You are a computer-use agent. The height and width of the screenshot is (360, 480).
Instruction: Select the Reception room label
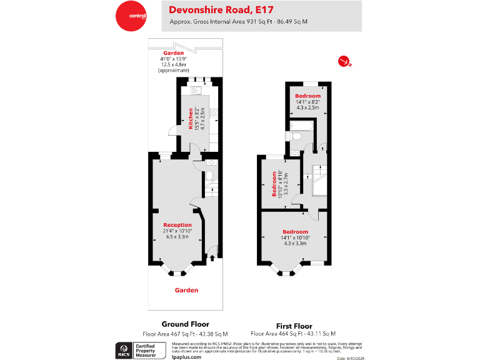(177, 225)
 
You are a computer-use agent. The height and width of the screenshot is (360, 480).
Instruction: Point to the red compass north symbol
(343, 61)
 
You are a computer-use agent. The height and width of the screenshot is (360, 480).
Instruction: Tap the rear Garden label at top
(173, 53)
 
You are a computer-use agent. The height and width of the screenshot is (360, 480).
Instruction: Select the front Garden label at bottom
(186, 290)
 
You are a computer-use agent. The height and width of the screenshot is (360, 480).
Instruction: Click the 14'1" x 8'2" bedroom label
(307, 96)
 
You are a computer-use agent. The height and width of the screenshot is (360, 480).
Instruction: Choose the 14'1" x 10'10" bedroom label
(295, 232)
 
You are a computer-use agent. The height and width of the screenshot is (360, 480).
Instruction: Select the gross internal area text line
(239, 22)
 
